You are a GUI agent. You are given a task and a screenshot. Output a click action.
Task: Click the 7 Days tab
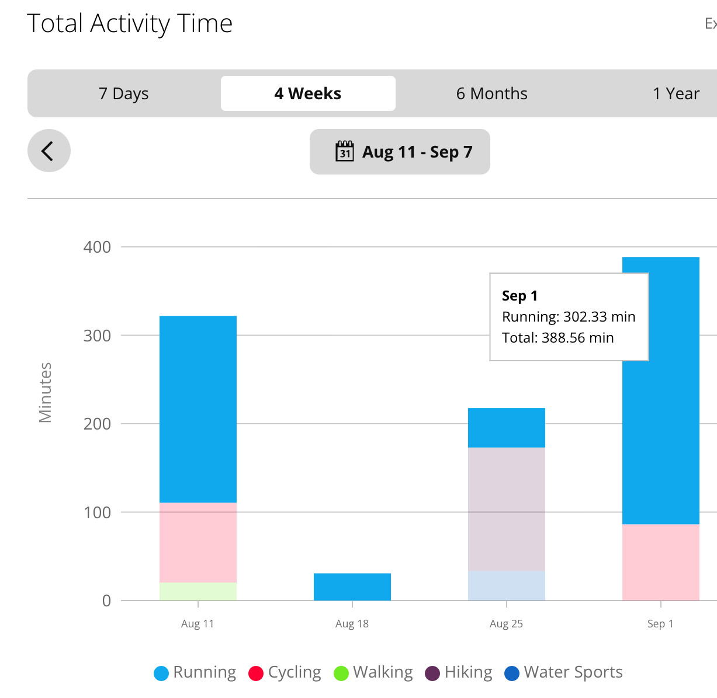pos(124,93)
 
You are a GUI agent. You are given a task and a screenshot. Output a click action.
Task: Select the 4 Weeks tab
pos(308,93)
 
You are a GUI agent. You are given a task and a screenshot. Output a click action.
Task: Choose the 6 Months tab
pos(491,93)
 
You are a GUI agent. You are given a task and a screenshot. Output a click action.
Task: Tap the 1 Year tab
pos(676,93)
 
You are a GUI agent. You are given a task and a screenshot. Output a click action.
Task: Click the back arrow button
pos(49,151)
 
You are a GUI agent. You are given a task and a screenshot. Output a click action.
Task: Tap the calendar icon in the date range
pos(345,151)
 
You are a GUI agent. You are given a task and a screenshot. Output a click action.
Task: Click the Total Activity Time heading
pos(130,23)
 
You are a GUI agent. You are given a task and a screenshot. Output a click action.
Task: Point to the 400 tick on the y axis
pos(97,247)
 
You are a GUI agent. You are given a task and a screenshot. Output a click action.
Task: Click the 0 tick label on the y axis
pos(106,601)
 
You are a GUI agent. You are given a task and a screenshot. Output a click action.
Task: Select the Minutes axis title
pos(46,392)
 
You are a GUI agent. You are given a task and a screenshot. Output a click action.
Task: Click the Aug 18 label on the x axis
pos(352,624)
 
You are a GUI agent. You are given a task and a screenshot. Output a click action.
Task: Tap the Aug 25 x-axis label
pos(506,624)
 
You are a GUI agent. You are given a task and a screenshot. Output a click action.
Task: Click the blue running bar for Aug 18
pos(352,587)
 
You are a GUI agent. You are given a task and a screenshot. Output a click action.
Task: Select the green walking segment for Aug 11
pos(198,591)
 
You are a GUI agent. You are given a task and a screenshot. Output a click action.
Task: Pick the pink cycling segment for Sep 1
pos(660,562)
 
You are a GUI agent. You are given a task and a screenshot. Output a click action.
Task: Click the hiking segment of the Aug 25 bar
pos(506,509)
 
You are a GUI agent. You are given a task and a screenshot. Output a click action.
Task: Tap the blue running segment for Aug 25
pos(506,427)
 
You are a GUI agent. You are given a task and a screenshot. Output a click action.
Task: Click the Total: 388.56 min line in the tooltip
pos(557,338)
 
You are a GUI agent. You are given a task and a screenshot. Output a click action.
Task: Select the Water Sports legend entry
pos(564,672)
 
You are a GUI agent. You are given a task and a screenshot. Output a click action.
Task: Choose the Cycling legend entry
pos(285,672)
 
